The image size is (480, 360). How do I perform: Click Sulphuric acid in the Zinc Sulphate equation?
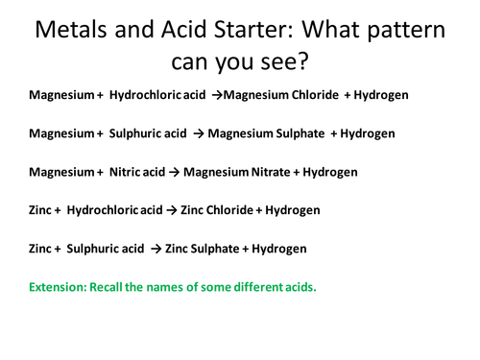pos(106,249)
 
